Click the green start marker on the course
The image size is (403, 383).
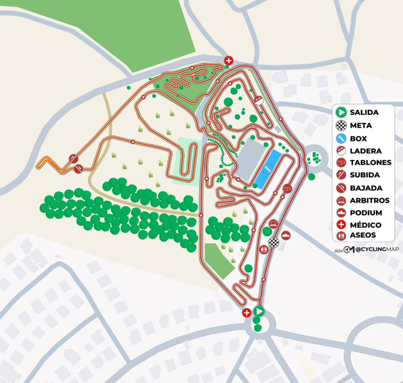[x=259, y=312]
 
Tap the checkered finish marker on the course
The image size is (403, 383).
[x=274, y=242]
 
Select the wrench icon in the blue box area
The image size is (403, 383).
[x=268, y=169]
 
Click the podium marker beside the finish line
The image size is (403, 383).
[x=286, y=236]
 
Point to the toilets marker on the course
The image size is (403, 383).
[x=263, y=249]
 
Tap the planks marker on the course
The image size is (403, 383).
[x=287, y=189]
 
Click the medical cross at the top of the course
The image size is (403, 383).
[x=229, y=60]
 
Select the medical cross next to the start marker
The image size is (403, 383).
[x=247, y=313]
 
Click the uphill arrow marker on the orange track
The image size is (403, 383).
[x=74, y=159]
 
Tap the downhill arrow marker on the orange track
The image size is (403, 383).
[x=78, y=169]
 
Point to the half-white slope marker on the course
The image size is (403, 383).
[x=259, y=100]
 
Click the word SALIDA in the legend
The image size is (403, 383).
[x=364, y=113]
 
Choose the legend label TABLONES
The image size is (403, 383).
[x=370, y=163]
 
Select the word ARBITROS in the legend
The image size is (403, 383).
[x=370, y=200]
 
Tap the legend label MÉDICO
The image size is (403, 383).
[x=365, y=225]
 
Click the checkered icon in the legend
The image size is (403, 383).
[x=341, y=126]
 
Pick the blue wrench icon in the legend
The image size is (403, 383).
[x=341, y=138]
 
